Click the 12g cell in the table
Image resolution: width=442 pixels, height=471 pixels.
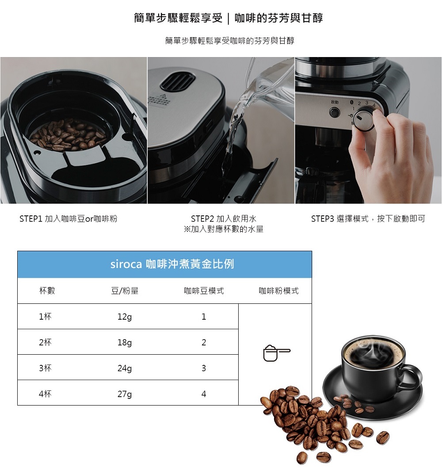125,317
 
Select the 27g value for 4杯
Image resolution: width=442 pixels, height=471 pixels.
125,394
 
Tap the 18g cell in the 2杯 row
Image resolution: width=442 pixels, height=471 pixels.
125,342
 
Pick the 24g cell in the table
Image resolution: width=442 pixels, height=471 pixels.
125,368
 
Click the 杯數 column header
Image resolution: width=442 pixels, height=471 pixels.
47,291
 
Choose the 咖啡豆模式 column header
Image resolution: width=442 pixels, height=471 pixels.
204,291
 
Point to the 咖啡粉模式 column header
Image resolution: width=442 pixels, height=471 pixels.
278,291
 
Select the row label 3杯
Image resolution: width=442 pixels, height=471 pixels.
45,368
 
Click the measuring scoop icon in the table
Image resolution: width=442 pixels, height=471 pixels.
276,353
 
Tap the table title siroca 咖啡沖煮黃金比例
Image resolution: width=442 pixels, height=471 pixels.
172,264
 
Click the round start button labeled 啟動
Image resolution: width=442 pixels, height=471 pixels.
334,113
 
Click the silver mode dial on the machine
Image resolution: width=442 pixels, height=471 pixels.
364,120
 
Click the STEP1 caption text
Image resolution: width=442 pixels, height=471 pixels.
69,218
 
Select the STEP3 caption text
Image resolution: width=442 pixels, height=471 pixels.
368,218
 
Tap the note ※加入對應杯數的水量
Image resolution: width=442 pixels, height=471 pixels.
224,229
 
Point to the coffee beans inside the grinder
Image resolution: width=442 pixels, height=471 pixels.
69,134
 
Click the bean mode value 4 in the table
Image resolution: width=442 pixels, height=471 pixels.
204,394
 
